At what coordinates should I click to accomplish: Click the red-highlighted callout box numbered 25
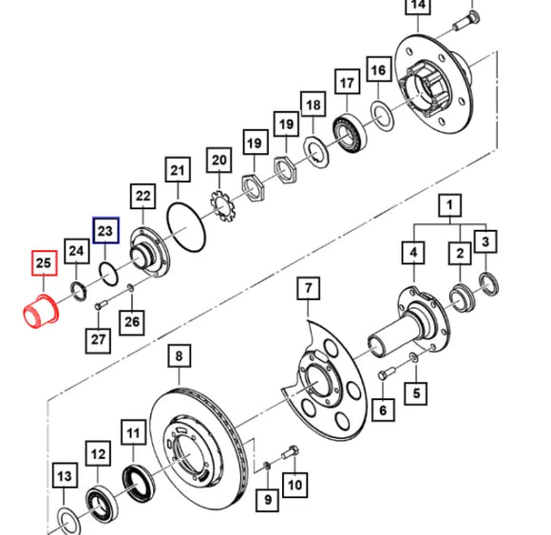(x=44, y=263)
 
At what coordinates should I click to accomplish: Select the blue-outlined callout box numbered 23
(x=105, y=230)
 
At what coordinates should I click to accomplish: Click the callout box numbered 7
(x=308, y=288)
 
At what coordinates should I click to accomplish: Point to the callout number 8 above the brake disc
(x=179, y=355)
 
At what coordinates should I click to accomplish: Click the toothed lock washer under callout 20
(x=224, y=206)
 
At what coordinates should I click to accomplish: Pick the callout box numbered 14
(x=418, y=5)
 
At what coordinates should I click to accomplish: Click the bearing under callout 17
(x=349, y=131)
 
